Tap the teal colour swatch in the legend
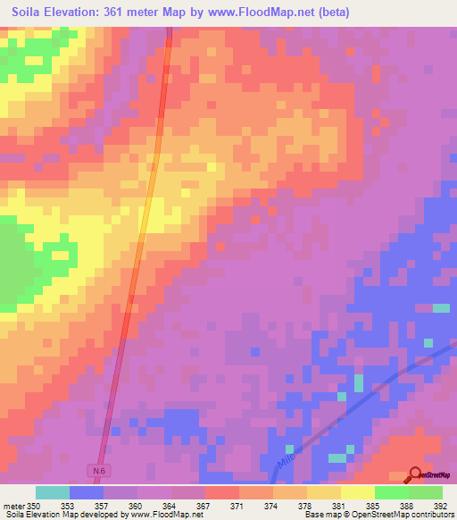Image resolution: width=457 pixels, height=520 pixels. (53, 492)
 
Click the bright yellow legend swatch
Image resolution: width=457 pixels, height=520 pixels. (358, 492)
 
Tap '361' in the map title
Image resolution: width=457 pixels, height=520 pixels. (120, 13)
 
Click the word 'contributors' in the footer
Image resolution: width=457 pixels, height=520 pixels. (432, 515)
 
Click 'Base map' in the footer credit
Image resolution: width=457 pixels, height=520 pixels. (320, 515)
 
